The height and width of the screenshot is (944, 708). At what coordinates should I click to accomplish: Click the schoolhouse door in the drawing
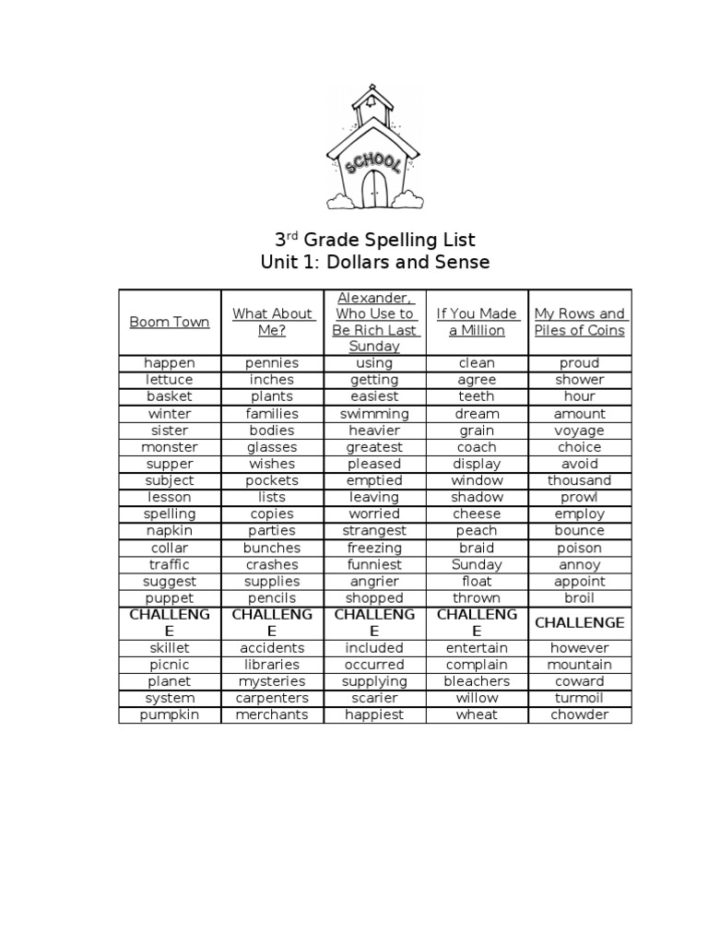point(374,189)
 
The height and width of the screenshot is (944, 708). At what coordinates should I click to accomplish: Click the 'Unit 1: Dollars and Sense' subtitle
point(374,263)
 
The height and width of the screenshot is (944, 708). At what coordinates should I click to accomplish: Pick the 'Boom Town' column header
point(170,322)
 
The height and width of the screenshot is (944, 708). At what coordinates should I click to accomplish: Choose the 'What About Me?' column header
point(272,322)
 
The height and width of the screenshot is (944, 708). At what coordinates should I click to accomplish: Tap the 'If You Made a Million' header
point(477,322)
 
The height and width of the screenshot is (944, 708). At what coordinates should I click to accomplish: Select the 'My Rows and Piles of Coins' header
point(579,322)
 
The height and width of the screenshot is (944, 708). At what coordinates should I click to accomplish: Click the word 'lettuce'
point(170,380)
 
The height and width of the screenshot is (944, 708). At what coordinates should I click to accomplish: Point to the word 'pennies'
point(272,363)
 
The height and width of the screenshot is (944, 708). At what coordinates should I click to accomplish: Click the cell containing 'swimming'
point(374,414)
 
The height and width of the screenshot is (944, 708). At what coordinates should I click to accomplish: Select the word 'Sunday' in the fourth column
point(477,564)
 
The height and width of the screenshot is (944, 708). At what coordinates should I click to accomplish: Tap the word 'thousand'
point(579,480)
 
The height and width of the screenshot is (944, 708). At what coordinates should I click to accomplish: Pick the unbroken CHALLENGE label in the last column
point(579,622)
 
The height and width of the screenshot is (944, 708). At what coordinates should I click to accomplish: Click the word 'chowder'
point(579,714)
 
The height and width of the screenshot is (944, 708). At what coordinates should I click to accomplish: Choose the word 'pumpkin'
point(170,714)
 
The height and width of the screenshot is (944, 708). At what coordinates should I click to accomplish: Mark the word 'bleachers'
point(477,681)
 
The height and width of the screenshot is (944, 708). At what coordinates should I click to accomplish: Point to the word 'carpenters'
point(272,698)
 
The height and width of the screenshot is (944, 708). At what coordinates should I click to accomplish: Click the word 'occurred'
point(374,665)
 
